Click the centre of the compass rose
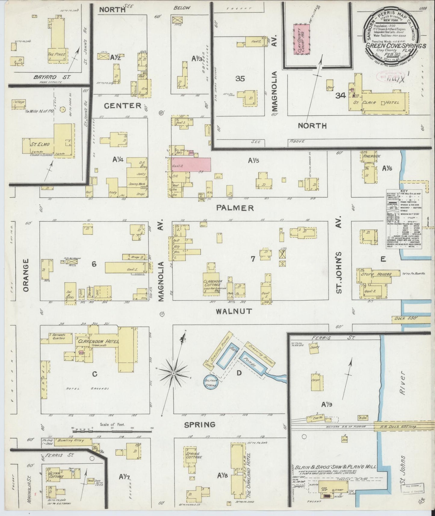point(174,373)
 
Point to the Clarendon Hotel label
point(98,342)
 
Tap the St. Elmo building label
point(38,145)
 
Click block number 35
point(240,79)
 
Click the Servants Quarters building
point(59,336)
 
